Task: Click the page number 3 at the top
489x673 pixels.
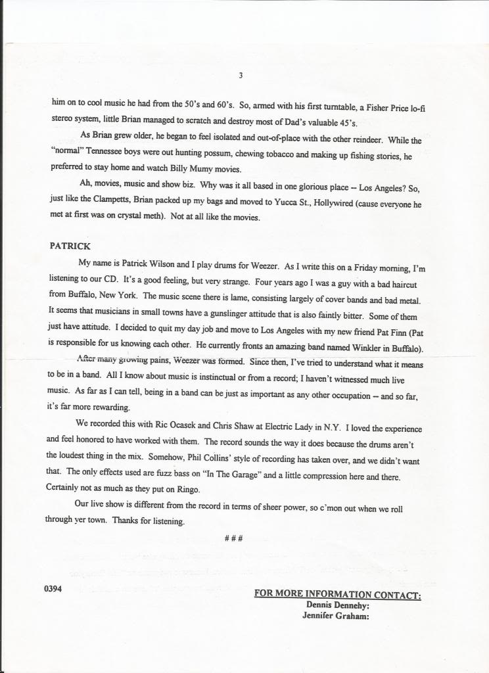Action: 241,76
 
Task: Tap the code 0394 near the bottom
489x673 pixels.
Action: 53,590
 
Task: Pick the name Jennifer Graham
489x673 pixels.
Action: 335,616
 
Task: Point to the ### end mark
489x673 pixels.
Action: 235,538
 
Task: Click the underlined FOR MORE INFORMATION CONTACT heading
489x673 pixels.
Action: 337,594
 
